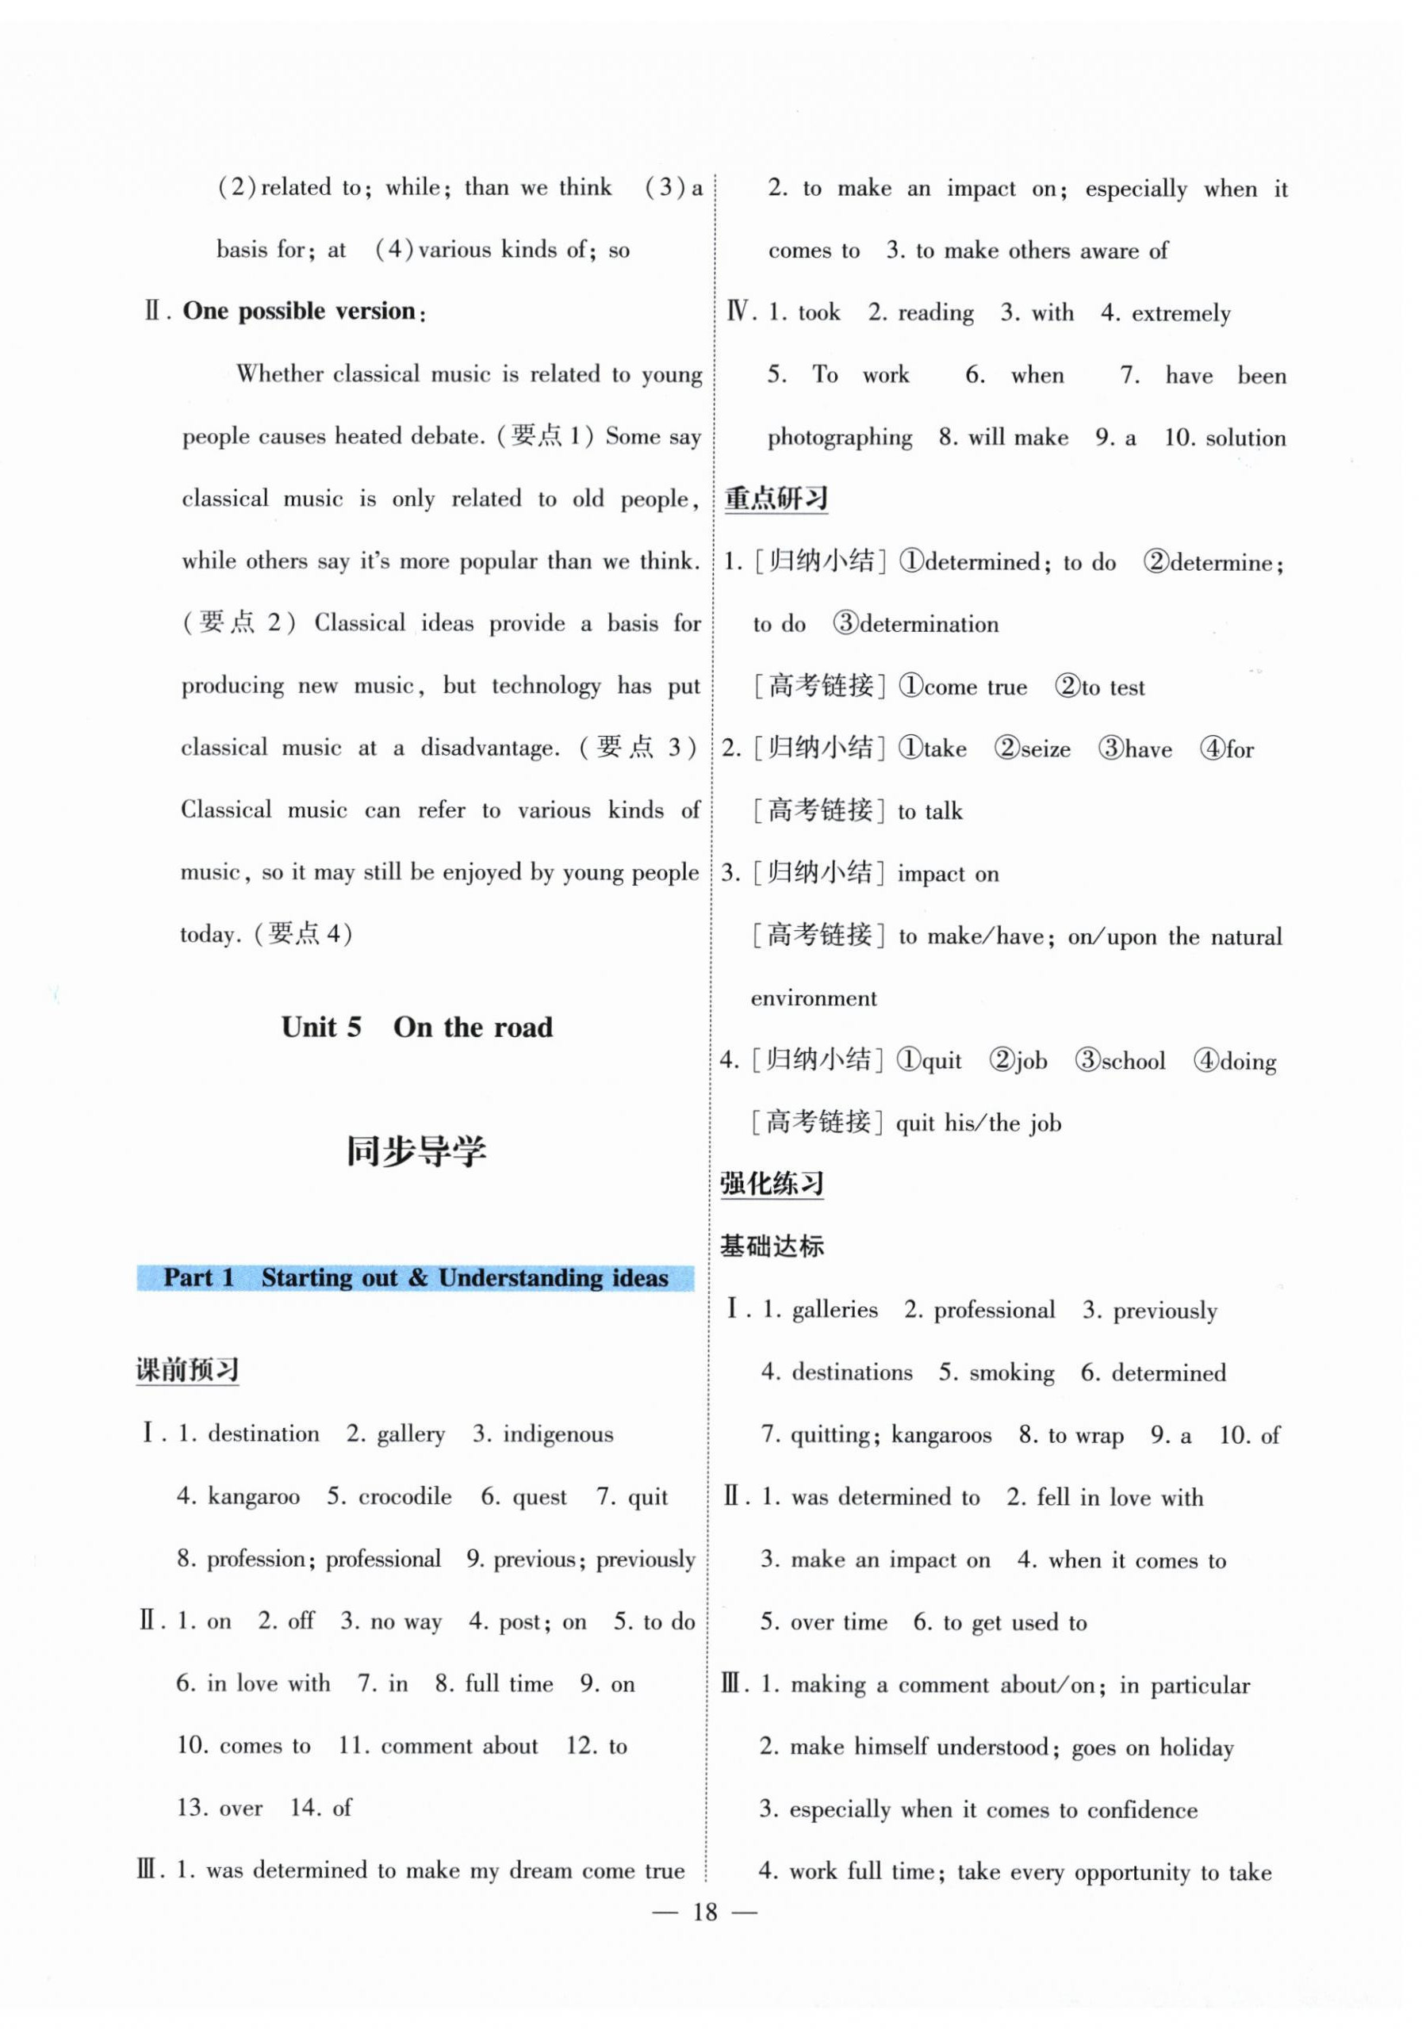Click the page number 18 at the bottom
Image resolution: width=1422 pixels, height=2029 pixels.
pos(704,1912)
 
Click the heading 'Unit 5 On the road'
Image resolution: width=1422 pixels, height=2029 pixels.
pos(416,1027)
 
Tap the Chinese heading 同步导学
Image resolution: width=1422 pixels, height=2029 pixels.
pos(416,1151)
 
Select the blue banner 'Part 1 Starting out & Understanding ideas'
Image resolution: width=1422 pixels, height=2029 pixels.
pos(416,1278)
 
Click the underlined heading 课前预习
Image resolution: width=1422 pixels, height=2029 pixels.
pos(187,1370)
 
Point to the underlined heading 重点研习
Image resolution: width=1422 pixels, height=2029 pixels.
pos(776,500)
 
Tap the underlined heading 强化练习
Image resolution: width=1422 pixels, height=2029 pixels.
pos(772,1184)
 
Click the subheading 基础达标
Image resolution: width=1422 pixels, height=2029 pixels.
pos(772,1246)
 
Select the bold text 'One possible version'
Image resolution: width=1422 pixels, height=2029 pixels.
pos(299,311)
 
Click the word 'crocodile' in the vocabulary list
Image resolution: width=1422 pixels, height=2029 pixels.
pos(404,1496)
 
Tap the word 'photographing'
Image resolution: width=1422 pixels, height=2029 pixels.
pos(840,438)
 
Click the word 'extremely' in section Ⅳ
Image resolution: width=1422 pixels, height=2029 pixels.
pos(1181,314)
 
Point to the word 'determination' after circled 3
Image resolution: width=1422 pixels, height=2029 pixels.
pos(929,625)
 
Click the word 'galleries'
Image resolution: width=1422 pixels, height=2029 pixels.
pos(834,1310)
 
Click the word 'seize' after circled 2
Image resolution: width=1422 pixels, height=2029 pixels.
pos(1045,749)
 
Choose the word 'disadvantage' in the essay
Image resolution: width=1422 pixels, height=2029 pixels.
pos(489,748)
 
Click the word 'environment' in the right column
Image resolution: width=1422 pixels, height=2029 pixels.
pos(813,998)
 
